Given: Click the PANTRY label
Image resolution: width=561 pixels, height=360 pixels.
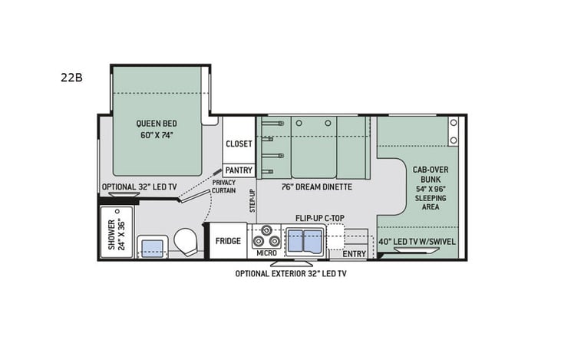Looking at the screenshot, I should click(239, 170).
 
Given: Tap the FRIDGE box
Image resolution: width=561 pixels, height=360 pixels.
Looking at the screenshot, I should click(228, 241).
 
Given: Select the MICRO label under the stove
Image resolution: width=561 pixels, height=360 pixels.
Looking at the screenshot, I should click(266, 253).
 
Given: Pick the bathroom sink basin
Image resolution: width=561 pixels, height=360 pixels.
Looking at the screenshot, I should click(152, 247).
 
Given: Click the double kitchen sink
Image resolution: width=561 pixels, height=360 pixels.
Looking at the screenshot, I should click(304, 243).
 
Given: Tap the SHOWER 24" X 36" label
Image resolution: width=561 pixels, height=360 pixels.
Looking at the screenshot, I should click(116, 235).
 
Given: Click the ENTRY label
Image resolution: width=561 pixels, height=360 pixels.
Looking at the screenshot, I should click(355, 254).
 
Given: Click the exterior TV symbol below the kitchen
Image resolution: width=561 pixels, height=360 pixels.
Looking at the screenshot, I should click(291, 263).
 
